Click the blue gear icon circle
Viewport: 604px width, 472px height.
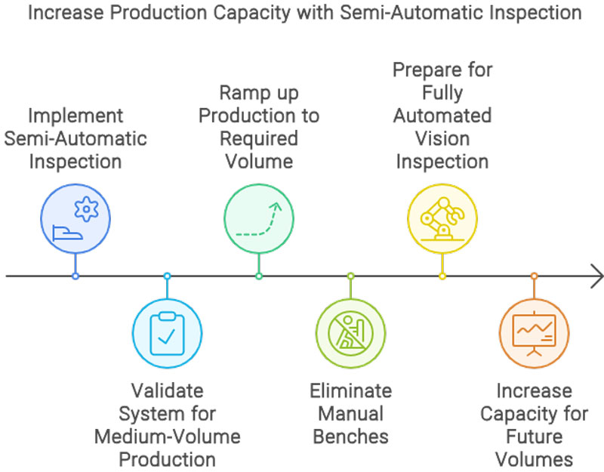pyautogui.click(x=75, y=217)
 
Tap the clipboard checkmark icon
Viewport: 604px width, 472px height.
pyautogui.click(x=167, y=332)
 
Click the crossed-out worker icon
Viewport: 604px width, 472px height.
pyautogui.click(x=350, y=332)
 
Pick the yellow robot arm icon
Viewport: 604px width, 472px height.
pyautogui.click(x=442, y=217)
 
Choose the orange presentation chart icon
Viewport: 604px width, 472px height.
pyautogui.click(x=534, y=332)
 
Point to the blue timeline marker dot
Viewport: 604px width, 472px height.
pyautogui.click(x=75, y=276)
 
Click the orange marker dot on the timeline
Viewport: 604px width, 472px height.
pyautogui.click(x=534, y=276)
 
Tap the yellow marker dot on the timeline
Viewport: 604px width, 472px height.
pyautogui.click(x=442, y=276)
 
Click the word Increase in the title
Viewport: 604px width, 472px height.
pyautogui.click(x=56, y=13)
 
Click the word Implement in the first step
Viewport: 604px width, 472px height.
pyautogui.click(x=75, y=116)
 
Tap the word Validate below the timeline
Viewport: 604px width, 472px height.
pyautogui.click(x=167, y=391)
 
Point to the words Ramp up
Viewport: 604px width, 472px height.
pyautogui.click(x=258, y=93)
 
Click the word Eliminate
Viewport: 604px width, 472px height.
pyautogui.click(x=350, y=391)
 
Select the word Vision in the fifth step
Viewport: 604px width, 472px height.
pyautogui.click(x=442, y=139)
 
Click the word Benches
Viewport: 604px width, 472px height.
pyautogui.click(x=350, y=437)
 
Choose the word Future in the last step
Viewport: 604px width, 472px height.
pyautogui.click(x=534, y=437)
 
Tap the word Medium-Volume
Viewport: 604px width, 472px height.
pyautogui.click(x=167, y=437)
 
